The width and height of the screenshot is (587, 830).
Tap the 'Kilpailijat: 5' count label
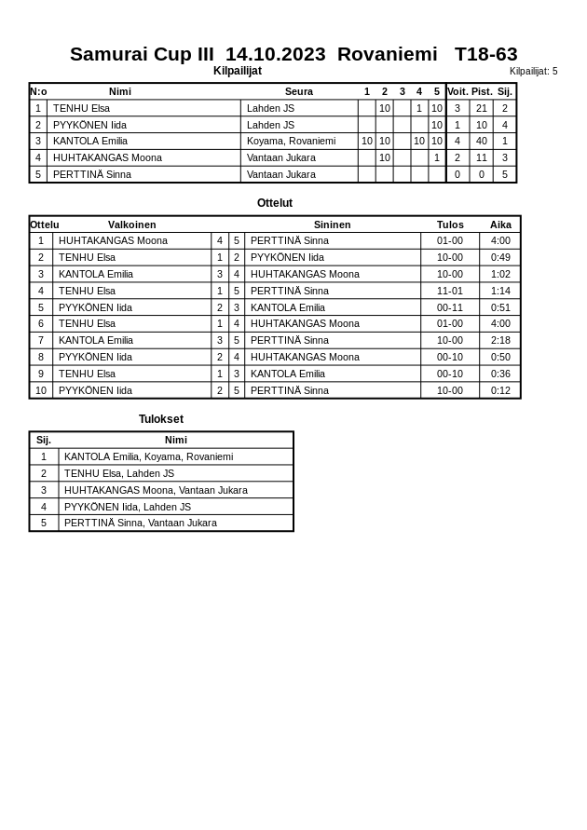[533, 71]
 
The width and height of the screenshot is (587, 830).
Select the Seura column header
[298, 91]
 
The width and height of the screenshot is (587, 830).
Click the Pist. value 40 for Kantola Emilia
[481, 141]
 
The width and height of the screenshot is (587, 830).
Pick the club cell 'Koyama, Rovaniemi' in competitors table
[291, 141]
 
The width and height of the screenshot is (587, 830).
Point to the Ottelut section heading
[275, 203]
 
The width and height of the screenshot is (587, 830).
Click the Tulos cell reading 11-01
[449, 291]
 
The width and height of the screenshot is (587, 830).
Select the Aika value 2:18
[500, 340]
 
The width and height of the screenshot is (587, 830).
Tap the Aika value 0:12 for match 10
[500, 390]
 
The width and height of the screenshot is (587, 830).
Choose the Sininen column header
[332, 225]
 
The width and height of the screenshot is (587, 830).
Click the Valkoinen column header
[131, 225]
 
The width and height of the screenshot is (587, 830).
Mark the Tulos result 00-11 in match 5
[449, 307]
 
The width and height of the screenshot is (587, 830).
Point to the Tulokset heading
[161, 419]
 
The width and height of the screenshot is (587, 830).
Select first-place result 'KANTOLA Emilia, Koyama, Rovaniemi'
[148, 456]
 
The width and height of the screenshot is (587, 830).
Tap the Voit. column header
[457, 91]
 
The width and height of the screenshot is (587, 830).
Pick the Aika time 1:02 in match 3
[500, 274]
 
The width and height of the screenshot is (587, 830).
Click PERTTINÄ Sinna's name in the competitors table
[91, 174]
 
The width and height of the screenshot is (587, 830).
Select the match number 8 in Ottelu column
[41, 357]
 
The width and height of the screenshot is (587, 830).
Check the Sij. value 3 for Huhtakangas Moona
[504, 157]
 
